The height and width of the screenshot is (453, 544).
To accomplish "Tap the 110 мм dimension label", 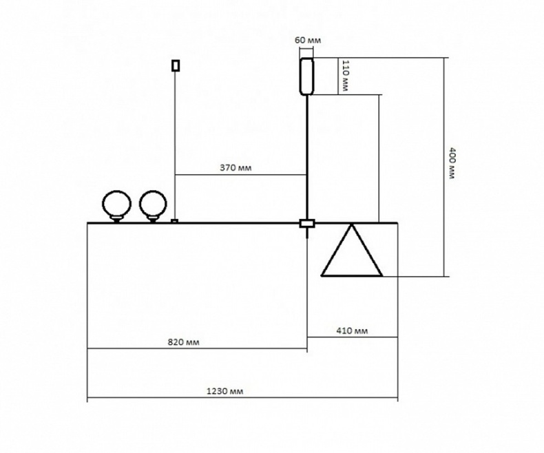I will (346, 76).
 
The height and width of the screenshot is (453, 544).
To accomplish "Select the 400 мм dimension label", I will (452, 164).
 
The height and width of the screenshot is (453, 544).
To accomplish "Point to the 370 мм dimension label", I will (233, 167).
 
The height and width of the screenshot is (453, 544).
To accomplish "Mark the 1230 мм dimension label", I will (226, 390).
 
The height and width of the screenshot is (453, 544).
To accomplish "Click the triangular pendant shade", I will (351, 253).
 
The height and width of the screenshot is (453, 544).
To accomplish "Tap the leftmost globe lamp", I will (115, 204).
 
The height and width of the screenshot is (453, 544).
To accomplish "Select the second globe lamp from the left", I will (152, 204).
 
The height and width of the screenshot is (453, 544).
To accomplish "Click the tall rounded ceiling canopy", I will (306, 75).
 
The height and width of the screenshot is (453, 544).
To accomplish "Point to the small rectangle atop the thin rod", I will (176, 65).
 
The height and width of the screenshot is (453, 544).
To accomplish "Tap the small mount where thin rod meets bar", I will (175, 221).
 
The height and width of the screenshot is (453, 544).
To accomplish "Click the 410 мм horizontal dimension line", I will (353, 337).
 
